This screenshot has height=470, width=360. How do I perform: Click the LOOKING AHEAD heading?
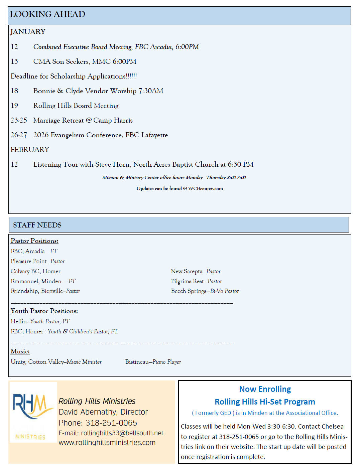[x=47, y=14]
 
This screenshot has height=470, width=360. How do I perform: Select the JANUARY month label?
[x=28, y=32]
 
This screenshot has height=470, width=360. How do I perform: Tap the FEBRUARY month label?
[x=30, y=150]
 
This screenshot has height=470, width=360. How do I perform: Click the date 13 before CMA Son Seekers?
[x=14, y=61]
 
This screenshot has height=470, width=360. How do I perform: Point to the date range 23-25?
[x=19, y=120]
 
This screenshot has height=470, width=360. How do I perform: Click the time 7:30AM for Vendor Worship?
[x=151, y=91]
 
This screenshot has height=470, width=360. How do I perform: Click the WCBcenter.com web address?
[x=206, y=189]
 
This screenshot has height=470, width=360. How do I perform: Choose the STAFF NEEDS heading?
[x=37, y=225]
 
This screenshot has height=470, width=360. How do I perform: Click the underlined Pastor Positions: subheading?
[x=34, y=241]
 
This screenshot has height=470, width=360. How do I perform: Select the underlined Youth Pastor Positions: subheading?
[x=44, y=311]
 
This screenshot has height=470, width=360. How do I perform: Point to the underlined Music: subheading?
[x=20, y=351]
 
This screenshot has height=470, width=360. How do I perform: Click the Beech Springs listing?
[x=205, y=291]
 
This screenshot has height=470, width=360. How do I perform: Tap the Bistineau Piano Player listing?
[x=153, y=362]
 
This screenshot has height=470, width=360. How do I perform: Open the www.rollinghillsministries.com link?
[x=107, y=443]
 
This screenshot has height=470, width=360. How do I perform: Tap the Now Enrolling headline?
[x=265, y=389]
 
